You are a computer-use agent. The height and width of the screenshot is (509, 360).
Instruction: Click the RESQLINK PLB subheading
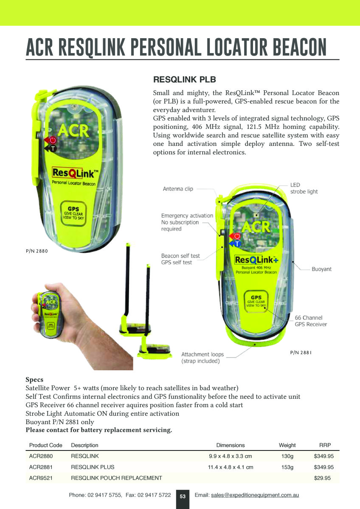coord(184,80)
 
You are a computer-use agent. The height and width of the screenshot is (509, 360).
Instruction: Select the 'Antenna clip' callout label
coord(178,189)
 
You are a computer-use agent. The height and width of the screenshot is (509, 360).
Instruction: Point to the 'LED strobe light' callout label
coord(304,188)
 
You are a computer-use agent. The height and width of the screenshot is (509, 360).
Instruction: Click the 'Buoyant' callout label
coord(321,269)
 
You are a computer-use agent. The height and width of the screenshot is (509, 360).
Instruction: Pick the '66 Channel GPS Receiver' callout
coord(311,321)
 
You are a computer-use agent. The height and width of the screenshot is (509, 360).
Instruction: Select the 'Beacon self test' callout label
coord(180,256)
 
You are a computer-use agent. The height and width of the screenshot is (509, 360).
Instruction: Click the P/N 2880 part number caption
coord(37,251)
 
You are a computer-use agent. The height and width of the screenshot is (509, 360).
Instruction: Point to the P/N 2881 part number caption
coord(301,352)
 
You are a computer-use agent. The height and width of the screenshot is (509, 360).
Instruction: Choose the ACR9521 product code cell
coord(41,478)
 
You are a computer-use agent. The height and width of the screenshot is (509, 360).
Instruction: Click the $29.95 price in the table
coord(322,478)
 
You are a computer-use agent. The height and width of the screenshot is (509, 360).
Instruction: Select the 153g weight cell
coord(287,467)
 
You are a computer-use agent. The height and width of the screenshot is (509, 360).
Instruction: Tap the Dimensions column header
coord(231,445)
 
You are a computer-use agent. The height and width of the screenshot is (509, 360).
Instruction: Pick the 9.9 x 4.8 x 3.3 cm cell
coord(231,456)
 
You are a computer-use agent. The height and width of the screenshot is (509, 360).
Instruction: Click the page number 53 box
coord(183,499)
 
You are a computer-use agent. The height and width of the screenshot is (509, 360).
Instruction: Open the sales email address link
coord(255,495)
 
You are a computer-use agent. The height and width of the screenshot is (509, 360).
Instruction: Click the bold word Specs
coord(34,380)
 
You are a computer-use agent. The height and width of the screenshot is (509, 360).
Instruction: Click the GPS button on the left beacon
coord(73,213)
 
